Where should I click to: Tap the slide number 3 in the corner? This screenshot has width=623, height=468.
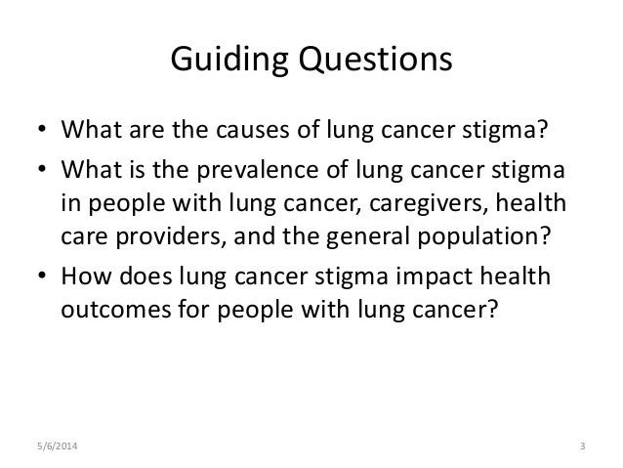click(x=582, y=448)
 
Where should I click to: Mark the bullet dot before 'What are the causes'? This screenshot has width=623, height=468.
click(x=43, y=130)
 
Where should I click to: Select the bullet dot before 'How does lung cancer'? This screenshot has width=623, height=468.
click(x=43, y=275)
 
